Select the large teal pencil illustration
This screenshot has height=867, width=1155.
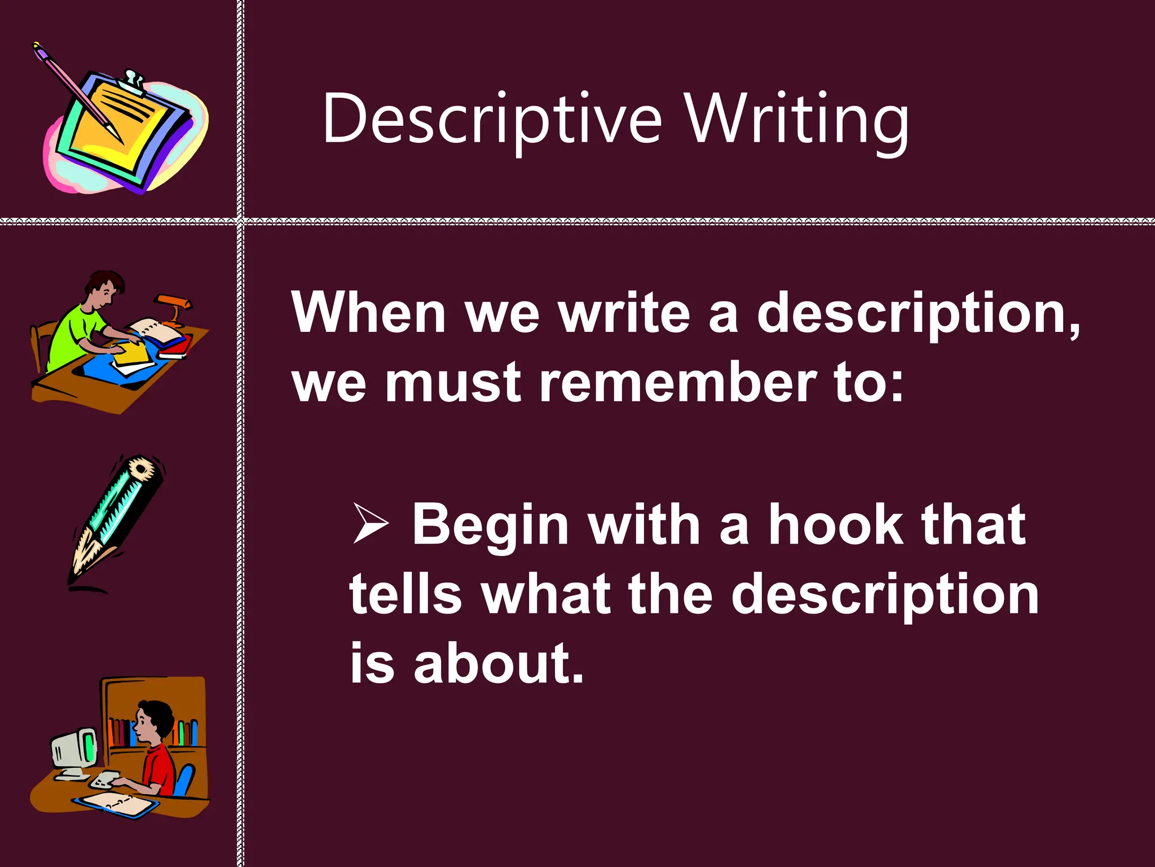coord(118,519)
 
